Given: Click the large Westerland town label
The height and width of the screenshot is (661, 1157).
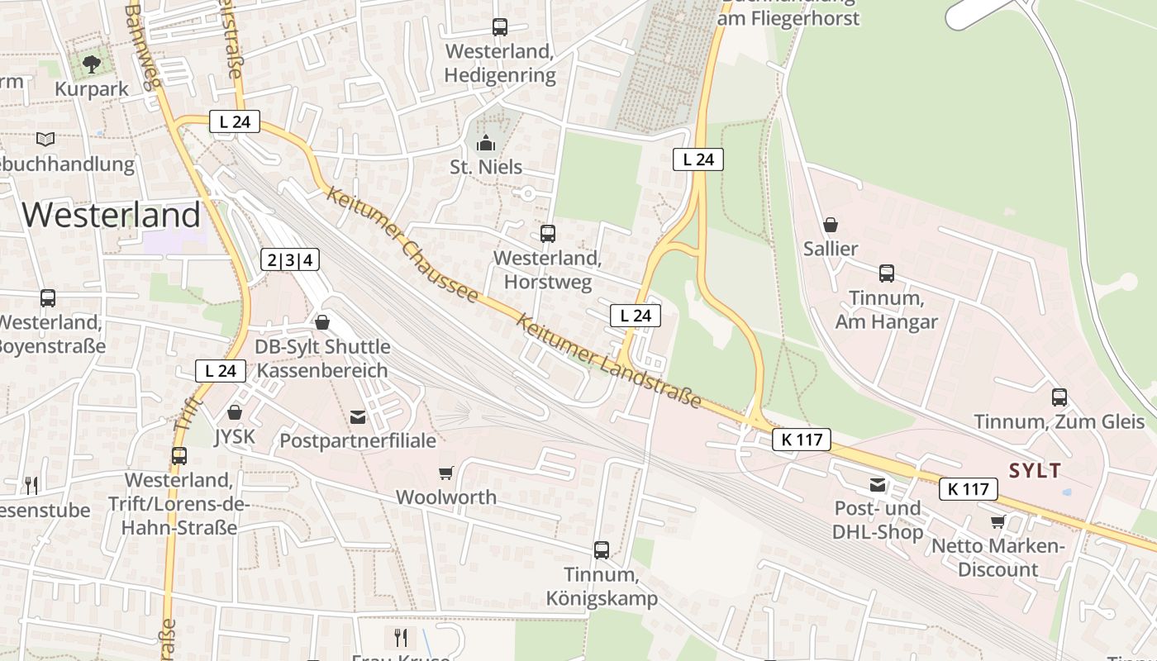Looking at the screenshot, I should pyautogui.click(x=111, y=215).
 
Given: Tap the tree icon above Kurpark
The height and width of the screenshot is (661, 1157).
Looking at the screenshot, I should pyautogui.click(x=92, y=63).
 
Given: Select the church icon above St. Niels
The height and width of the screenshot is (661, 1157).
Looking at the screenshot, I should pyautogui.click(x=486, y=142).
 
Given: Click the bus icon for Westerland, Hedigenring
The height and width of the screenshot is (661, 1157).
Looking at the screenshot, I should pyautogui.click(x=499, y=27).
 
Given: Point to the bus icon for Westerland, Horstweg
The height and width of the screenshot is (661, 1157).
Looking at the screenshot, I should pyautogui.click(x=547, y=234).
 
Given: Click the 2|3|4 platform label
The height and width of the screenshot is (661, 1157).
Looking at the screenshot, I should pyautogui.click(x=290, y=260).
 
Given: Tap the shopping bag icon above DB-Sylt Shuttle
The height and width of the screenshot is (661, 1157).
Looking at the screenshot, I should pyautogui.click(x=322, y=321).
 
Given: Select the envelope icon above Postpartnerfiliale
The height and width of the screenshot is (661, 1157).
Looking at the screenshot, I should pyautogui.click(x=358, y=416).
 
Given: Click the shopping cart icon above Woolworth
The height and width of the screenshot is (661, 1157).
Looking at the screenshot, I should pyautogui.click(x=445, y=473).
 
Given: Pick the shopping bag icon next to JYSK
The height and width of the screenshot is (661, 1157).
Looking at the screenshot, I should pyautogui.click(x=235, y=411).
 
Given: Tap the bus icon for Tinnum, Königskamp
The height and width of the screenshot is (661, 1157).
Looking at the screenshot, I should pyautogui.click(x=601, y=549).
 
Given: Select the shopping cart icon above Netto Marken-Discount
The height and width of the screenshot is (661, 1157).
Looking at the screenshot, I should pyautogui.click(x=997, y=521).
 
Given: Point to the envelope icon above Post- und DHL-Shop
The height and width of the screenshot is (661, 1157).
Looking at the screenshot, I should pyautogui.click(x=877, y=484).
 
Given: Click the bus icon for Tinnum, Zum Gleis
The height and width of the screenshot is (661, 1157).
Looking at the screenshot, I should pyautogui.click(x=1059, y=397).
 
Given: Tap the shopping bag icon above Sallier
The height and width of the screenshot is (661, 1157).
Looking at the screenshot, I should pyautogui.click(x=831, y=225).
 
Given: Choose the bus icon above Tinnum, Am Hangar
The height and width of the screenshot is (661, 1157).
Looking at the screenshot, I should pyautogui.click(x=886, y=273).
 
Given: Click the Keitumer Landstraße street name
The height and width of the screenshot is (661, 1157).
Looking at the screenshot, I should pyautogui.click(x=609, y=361).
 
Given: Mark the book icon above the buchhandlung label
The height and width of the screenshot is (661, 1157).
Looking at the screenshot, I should pyautogui.click(x=45, y=139).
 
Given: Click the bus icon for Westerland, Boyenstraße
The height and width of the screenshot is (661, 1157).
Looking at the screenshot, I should pyautogui.click(x=48, y=298).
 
